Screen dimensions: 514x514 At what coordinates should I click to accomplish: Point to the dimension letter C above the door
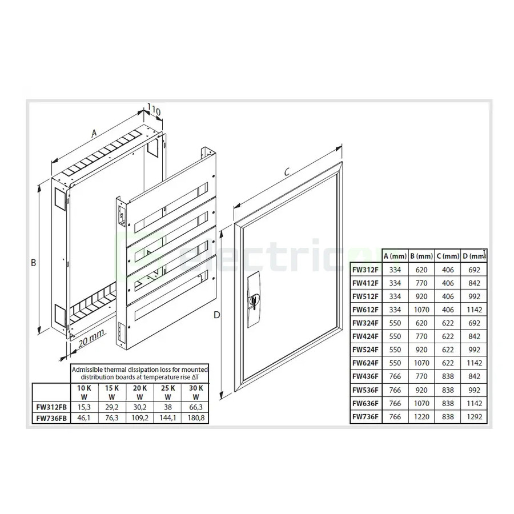pyautogui.click(x=288, y=171)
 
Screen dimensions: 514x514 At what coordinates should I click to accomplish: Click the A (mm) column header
pyautogui.click(x=395, y=255)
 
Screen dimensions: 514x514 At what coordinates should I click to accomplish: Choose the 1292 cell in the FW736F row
pyautogui.click(x=475, y=416)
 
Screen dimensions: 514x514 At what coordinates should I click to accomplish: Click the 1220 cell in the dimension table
pyautogui.click(x=421, y=416)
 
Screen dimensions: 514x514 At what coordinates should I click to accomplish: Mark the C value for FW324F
pyautogui.click(x=448, y=323)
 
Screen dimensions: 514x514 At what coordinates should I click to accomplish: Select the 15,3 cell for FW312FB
pyautogui.click(x=83, y=407)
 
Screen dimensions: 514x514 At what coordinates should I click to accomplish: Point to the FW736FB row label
pyautogui.click(x=50, y=418)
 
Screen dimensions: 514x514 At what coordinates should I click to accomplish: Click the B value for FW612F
pyautogui.click(x=421, y=309)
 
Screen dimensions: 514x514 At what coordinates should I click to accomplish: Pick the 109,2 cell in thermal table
pyautogui.click(x=139, y=418)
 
